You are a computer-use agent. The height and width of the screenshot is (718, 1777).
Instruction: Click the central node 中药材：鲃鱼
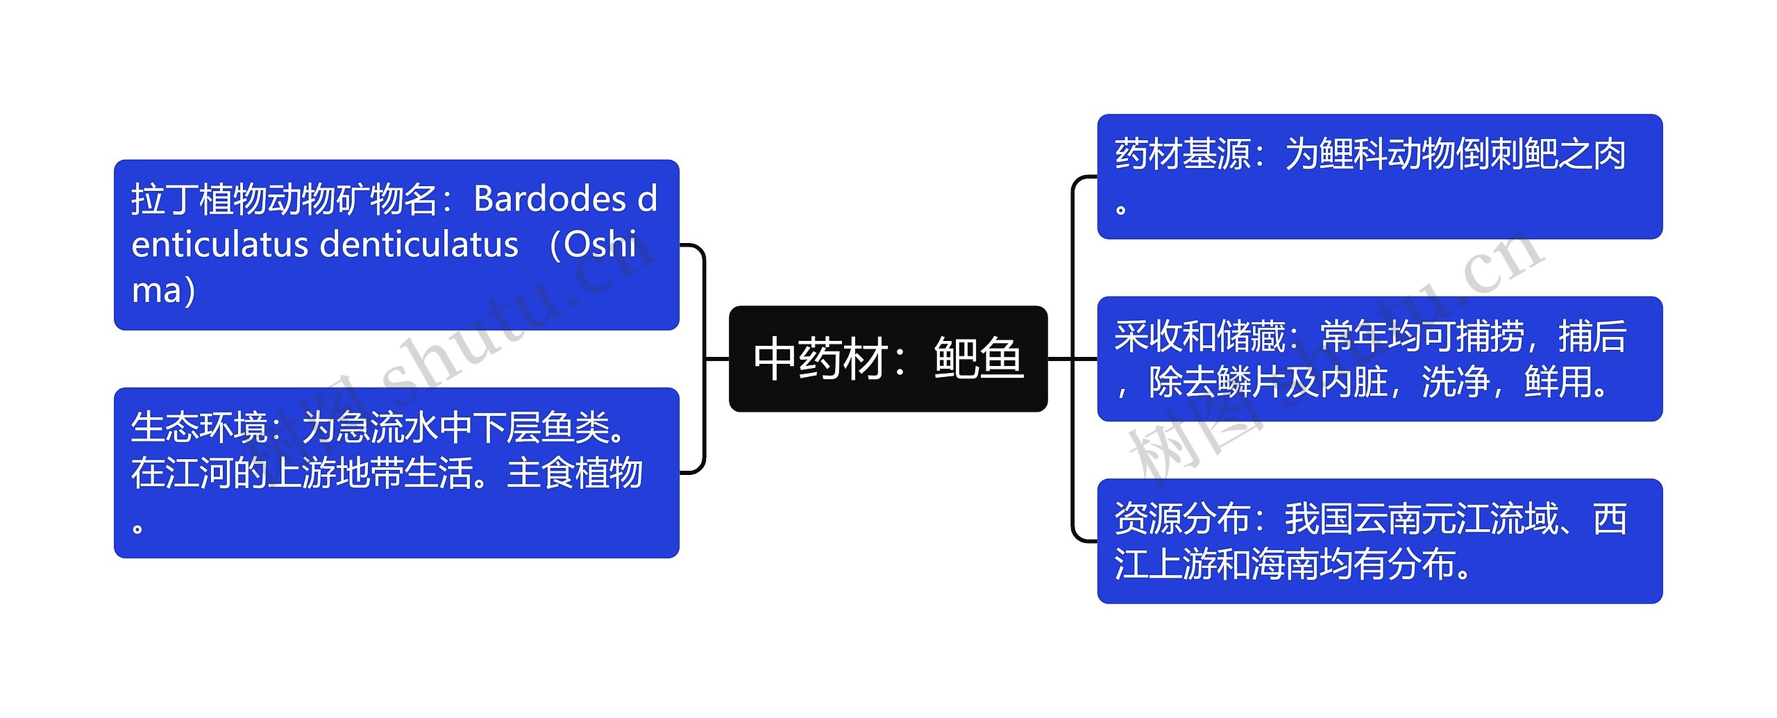(888, 359)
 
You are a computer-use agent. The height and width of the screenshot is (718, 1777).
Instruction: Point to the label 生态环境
(199, 427)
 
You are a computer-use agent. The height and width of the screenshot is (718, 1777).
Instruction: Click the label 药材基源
(1183, 154)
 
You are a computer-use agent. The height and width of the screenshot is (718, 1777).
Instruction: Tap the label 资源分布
(1183, 519)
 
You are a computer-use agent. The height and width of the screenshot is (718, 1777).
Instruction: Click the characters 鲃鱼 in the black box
(979, 359)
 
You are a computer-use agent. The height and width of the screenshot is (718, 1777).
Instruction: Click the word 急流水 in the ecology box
(387, 427)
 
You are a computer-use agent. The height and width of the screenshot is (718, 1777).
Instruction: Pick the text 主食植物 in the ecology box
(575, 473)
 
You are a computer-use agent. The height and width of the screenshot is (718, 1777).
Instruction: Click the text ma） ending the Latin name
(164, 290)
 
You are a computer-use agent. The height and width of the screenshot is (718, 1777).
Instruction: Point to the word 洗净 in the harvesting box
(1456, 382)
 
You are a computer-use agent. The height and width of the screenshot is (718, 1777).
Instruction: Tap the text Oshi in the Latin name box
(600, 245)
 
